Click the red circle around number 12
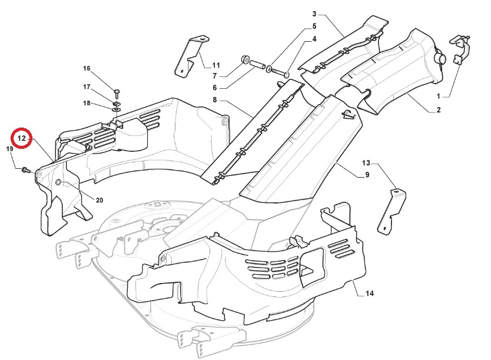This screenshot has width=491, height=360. point(22,138)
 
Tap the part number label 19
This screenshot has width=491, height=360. point(9,149)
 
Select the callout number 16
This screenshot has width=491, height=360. point(87,68)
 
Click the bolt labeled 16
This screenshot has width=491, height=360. point(117,92)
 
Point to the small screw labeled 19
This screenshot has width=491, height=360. point(25,170)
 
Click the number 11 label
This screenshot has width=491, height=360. point(215,65)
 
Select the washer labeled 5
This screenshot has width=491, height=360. point(268,70)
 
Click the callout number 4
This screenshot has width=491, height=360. point(314,39)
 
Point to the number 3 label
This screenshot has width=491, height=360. point(314,14)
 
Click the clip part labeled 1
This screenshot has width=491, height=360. point(461,49)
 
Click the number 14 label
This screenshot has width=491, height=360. point(369,293)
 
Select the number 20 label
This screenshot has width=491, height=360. point(99,201)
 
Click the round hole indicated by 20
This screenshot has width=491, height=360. point(59,183)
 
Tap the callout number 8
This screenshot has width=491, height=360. point(215,101)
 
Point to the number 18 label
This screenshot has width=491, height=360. point(87,104)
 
